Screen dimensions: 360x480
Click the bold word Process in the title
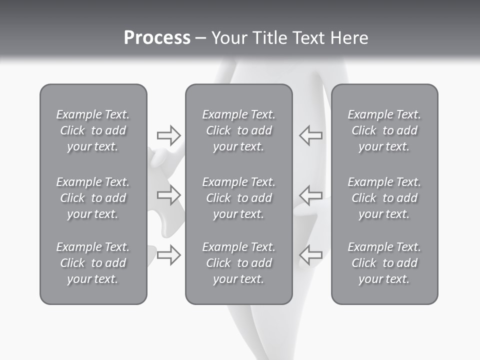(x=157, y=38)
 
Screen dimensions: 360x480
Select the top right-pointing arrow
(x=168, y=135)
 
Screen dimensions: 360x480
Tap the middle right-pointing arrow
(x=168, y=194)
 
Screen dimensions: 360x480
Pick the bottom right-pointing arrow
(x=168, y=254)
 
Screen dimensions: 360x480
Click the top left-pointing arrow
(x=310, y=135)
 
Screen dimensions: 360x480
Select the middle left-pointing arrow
(x=310, y=194)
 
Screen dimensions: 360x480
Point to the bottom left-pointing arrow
(x=310, y=254)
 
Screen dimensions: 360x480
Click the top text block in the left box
(x=93, y=130)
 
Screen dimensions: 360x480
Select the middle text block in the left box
(x=93, y=198)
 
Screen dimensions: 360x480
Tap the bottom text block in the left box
(x=93, y=263)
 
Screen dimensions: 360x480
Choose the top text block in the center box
(x=238, y=130)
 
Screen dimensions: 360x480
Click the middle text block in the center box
(x=238, y=198)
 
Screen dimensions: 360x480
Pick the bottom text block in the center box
(x=238, y=263)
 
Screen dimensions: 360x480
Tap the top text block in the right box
(x=384, y=130)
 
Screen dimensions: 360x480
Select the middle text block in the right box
(x=384, y=198)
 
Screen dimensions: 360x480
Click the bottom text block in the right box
(x=384, y=263)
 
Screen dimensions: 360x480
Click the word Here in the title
(x=349, y=38)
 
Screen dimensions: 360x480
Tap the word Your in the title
(x=229, y=38)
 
